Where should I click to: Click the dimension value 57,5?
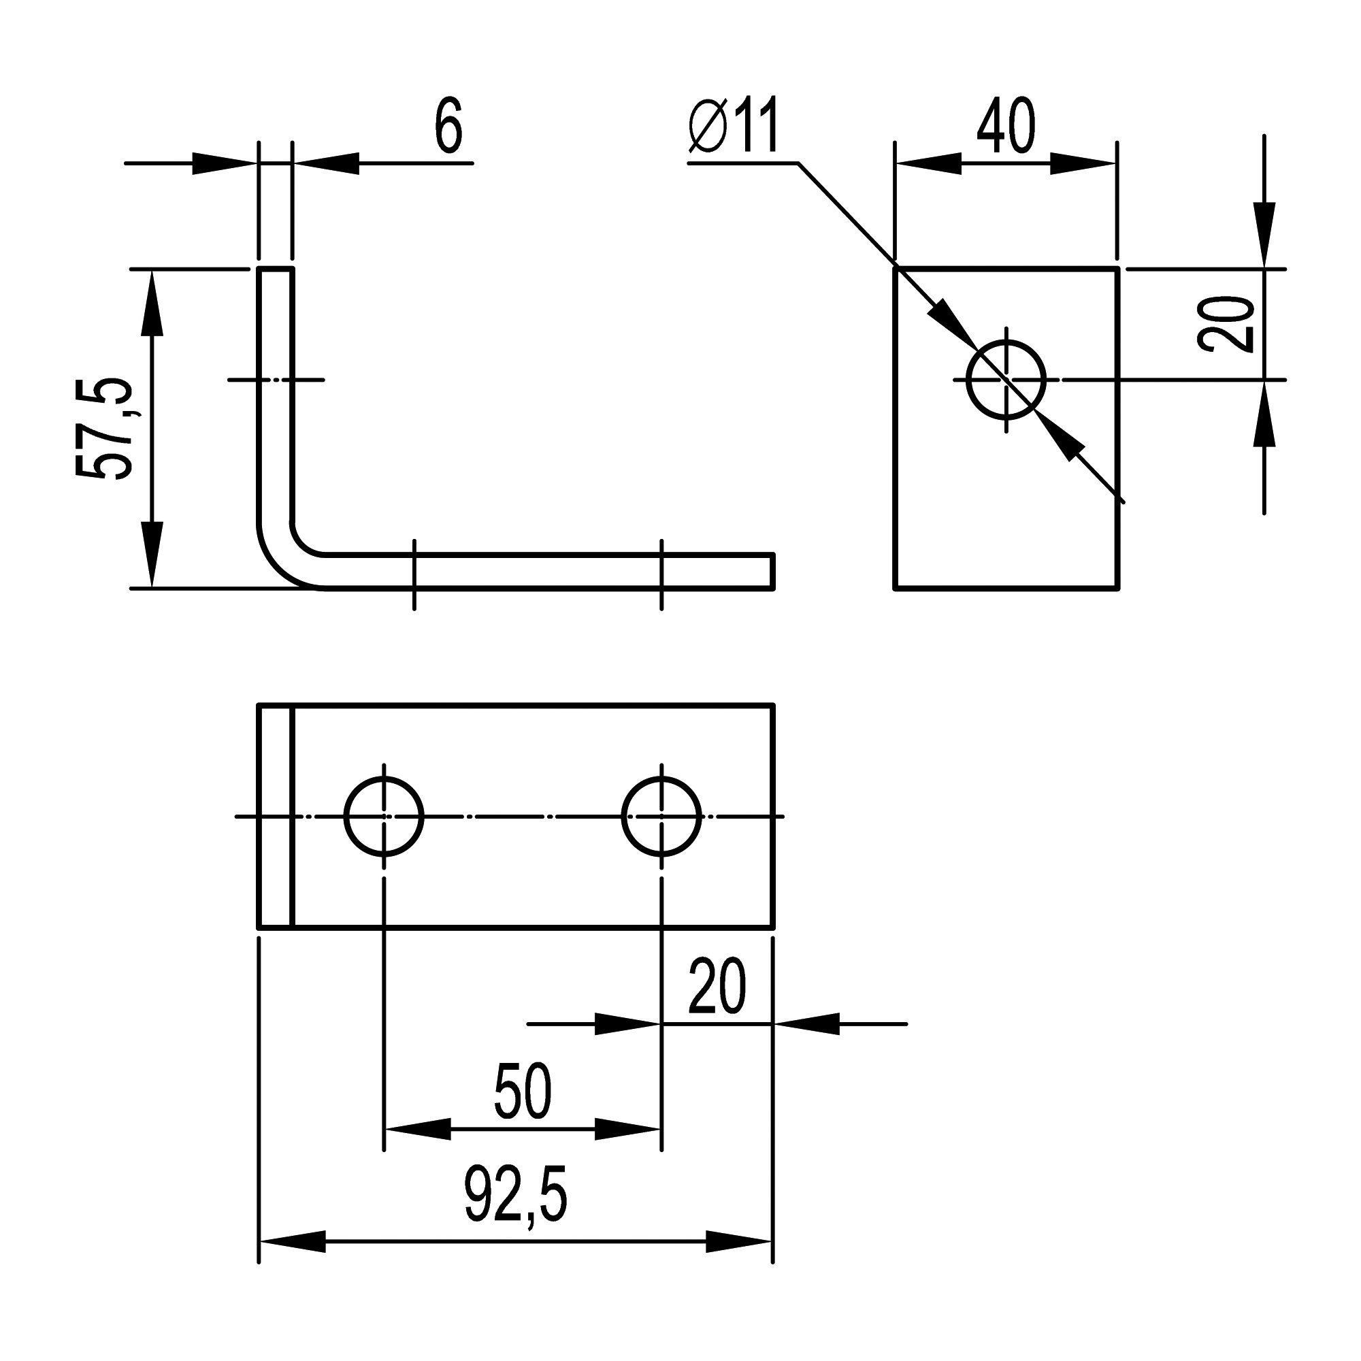point(104,429)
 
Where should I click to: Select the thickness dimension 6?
point(448,126)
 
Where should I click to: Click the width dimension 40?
point(1006,126)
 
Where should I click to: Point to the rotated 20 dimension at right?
point(1226,324)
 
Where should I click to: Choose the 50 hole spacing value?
point(523,1092)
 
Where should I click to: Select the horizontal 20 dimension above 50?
point(717,986)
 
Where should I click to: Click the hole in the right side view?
point(1006,380)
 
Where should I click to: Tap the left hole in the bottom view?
point(384,817)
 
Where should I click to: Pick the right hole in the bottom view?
point(661,817)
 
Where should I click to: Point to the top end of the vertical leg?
point(276,269)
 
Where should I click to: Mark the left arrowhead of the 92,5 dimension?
point(293,1241)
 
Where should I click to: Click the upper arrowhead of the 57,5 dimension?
point(152,303)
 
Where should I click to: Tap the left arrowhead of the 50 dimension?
point(417,1129)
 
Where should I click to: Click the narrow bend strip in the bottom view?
point(275,817)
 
